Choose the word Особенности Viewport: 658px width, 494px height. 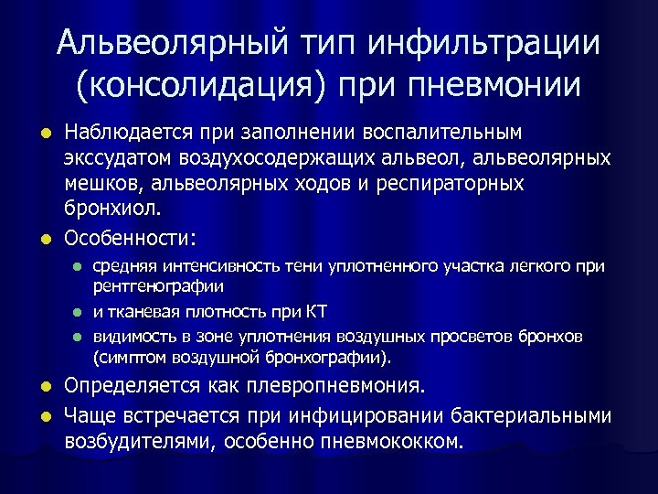click(128, 238)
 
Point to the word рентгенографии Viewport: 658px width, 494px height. click(158, 286)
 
